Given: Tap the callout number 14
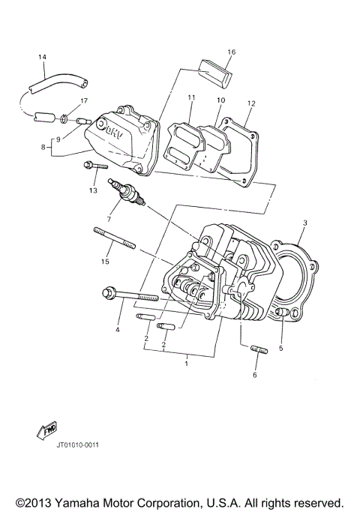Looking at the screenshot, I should pos(42,58).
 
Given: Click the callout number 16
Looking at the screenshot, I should pos(232,52).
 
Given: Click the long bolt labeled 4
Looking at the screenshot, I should pos(135,298).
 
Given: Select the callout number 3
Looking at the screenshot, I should pos(305,223).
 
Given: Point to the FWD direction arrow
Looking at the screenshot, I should pos(47,430).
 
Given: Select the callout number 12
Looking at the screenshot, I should pos(251,103).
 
